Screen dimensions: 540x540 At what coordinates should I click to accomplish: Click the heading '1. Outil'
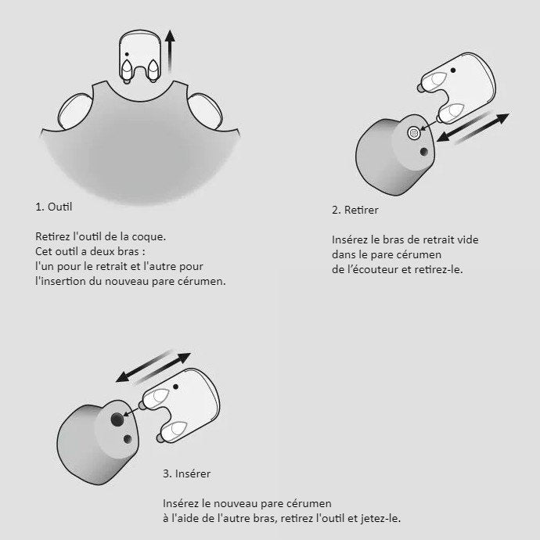54,207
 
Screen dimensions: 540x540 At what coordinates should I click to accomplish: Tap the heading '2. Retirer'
355,210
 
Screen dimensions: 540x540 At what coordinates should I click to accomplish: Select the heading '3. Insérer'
187,473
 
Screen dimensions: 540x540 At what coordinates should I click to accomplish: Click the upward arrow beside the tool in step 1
170,51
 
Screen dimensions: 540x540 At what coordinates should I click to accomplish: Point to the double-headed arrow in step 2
473,128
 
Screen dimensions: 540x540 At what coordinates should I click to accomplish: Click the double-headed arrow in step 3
153,368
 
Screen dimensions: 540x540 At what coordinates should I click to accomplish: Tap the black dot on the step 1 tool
127,55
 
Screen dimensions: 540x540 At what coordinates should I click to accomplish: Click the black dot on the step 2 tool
453,70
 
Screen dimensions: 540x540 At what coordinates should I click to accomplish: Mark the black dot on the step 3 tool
175,387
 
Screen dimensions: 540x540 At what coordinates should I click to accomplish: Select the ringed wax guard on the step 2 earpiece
414,132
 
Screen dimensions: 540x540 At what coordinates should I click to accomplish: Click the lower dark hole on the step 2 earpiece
424,152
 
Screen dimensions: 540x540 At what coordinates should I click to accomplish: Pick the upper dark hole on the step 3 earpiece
117,419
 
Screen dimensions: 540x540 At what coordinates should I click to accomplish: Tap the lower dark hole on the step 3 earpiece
128,439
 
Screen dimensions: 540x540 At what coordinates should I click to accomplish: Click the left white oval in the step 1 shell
74,111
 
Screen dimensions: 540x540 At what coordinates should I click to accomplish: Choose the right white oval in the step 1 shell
205,111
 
